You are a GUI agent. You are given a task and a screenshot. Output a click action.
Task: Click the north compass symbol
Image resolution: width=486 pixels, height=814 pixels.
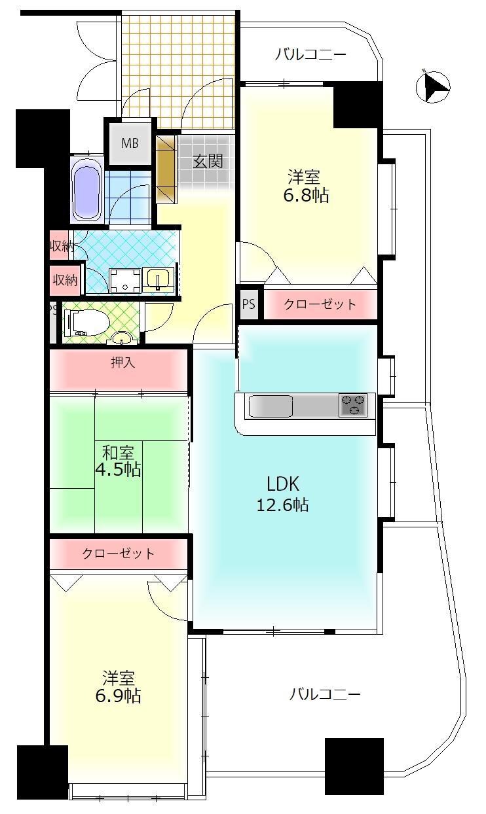point(434,87)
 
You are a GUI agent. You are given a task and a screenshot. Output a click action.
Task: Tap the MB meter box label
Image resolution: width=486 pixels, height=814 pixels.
point(130,143)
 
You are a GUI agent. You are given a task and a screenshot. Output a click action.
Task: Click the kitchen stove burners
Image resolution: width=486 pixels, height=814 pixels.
point(353,405)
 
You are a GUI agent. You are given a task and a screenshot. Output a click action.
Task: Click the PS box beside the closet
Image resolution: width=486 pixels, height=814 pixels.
point(248,304)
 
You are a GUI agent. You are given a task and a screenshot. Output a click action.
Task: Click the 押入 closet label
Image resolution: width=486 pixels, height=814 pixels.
point(122,363)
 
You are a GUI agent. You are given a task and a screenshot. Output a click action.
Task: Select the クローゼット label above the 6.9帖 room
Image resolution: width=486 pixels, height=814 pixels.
point(119,554)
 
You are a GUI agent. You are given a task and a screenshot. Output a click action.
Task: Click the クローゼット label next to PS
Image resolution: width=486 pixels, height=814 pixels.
point(320,304)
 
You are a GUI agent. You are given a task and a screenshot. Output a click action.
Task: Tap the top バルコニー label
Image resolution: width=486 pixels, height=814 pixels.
point(310,54)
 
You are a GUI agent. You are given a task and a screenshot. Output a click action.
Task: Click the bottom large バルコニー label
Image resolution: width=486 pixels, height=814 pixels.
point(326,694)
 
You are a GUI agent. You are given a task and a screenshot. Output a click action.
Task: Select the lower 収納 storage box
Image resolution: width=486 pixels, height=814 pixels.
point(65,280)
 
